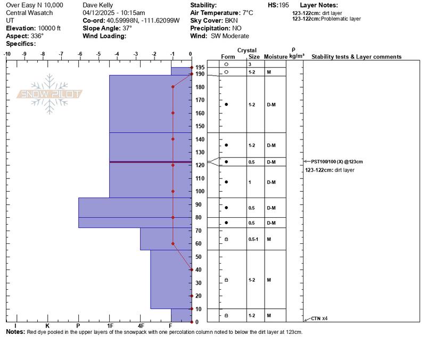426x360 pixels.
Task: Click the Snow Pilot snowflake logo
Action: click(50, 94)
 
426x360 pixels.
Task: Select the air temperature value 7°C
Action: click(249, 12)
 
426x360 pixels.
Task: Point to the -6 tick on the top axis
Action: click(80, 54)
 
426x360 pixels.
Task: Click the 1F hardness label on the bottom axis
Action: click(110, 325)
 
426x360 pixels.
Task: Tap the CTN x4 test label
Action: click(319, 318)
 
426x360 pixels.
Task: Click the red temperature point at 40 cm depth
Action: click(192, 269)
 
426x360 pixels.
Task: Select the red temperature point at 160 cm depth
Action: click(173, 113)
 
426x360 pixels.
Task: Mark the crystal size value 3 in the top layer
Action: click(249, 64)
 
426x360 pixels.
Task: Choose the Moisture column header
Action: click(275, 57)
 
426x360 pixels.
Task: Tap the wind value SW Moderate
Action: click(230, 36)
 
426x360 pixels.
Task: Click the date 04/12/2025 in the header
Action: click(100, 12)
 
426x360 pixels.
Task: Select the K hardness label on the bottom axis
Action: click(47, 325)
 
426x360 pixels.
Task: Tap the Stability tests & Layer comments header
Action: click(356, 57)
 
